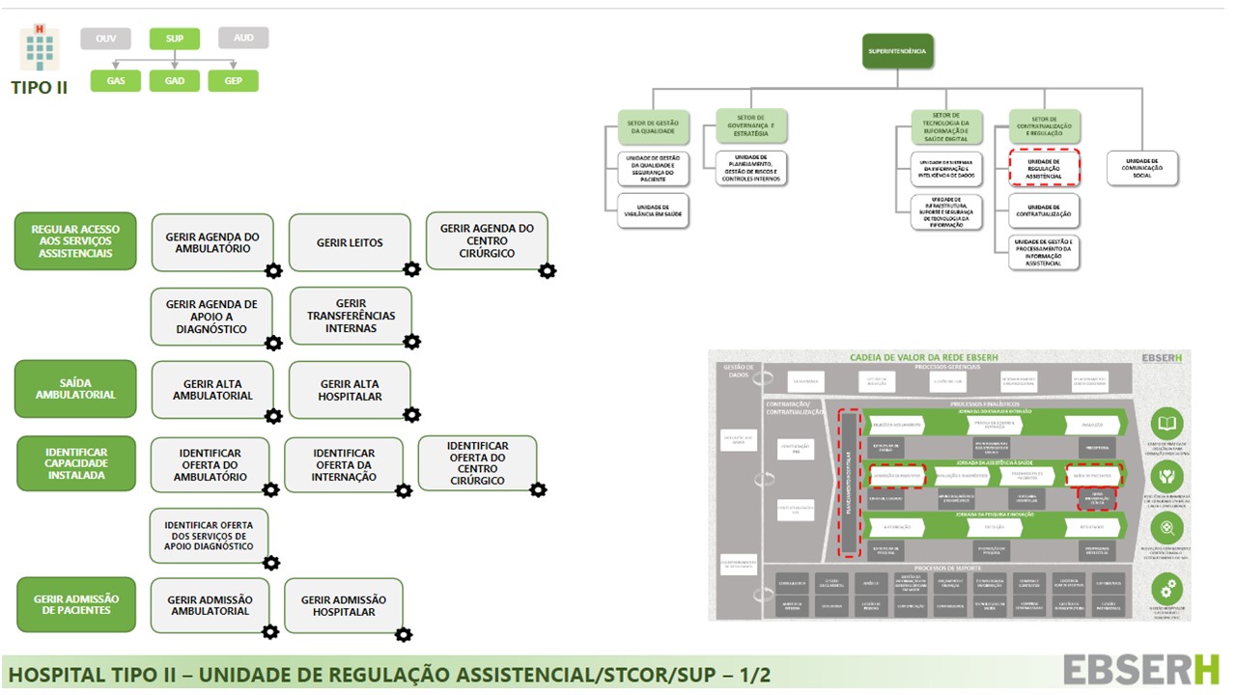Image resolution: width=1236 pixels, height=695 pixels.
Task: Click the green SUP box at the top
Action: pyautogui.click(x=175, y=39)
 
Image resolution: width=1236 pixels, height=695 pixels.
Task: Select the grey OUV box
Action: pyautogui.click(x=105, y=39)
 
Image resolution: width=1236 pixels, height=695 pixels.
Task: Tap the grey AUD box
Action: pyautogui.click(x=243, y=38)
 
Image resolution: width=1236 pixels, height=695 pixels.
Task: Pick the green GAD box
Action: pyautogui.click(x=175, y=81)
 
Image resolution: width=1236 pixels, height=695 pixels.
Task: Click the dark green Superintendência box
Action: pyautogui.click(x=898, y=50)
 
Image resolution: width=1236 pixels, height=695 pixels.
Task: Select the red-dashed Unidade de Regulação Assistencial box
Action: pyautogui.click(x=1044, y=167)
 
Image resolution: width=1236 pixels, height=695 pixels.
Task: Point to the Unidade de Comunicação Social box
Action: pyautogui.click(x=1142, y=168)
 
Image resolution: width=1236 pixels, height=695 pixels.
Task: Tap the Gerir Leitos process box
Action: pyautogui.click(x=350, y=242)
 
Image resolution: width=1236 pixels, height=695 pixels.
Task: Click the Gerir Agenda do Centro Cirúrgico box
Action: pyautogui.click(x=487, y=240)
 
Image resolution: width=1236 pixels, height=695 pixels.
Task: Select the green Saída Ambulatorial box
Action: pyautogui.click(x=75, y=388)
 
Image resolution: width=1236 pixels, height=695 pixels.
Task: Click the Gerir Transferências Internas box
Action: pyautogui.click(x=351, y=316)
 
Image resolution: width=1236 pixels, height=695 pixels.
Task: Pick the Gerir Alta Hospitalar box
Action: pyautogui.click(x=350, y=390)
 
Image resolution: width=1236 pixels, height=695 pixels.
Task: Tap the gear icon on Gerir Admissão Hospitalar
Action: pyautogui.click(x=404, y=633)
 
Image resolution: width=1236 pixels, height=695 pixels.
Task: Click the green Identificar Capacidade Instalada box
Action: pyautogui.click(x=75, y=463)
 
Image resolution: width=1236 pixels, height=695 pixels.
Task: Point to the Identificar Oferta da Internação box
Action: pyautogui.click(x=344, y=464)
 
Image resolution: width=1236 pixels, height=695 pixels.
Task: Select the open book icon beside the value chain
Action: pyautogui.click(x=1167, y=425)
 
